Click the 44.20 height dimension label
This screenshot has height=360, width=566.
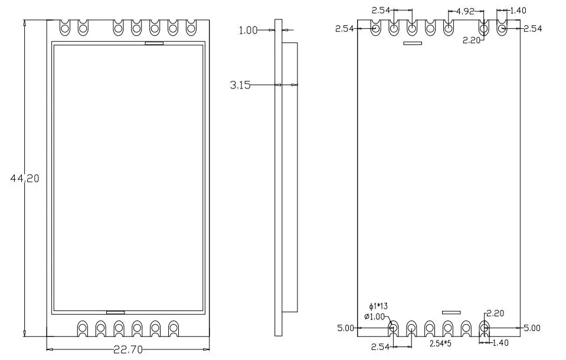[x=25, y=178]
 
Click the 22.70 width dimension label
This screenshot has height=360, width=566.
[x=127, y=349]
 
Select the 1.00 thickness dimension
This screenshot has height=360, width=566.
[x=248, y=31]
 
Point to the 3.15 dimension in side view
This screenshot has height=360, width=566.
[x=240, y=86]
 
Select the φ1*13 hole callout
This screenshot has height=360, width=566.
[x=378, y=306]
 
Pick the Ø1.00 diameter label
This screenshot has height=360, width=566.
[x=375, y=316]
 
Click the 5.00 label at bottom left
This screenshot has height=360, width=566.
[x=345, y=328]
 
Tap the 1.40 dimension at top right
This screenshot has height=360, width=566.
[x=518, y=11]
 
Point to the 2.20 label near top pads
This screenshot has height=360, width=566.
[x=471, y=40]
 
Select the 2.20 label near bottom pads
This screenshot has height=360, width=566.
[x=494, y=315]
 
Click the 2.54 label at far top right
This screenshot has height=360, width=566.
[x=532, y=28]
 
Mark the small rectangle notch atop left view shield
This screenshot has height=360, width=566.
[x=155, y=42]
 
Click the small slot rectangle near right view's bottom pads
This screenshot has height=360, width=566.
[x=452, y=312]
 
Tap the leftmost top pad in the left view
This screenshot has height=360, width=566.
[x=65, y=27]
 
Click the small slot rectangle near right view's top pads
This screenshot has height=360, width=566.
[x=412, y=43]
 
